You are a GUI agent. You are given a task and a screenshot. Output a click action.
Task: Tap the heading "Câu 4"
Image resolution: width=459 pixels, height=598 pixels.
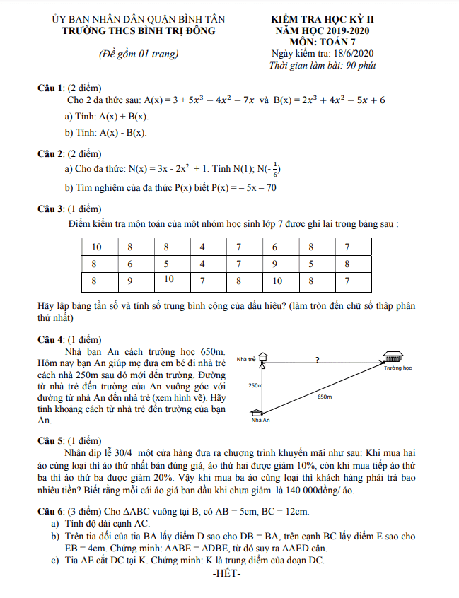[50, 339]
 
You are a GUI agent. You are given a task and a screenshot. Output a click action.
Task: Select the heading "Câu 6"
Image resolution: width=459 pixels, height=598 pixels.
[50, 510]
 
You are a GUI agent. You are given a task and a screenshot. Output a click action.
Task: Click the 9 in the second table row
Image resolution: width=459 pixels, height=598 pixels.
[274, 264]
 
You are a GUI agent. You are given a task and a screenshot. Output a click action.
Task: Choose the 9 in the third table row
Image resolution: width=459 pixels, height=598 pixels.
[129, 281]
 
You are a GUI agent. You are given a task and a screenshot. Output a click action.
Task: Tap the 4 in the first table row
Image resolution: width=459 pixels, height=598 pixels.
[202, 247]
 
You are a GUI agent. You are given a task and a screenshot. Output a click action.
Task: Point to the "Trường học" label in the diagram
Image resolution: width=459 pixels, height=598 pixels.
[398, 368]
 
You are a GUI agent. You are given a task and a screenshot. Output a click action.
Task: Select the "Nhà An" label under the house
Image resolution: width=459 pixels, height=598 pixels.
[261, 421]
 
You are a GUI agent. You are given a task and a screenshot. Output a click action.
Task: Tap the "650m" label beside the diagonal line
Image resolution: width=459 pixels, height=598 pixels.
[325, 397]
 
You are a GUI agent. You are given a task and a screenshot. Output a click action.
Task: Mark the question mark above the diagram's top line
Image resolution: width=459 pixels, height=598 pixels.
[318, 359]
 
